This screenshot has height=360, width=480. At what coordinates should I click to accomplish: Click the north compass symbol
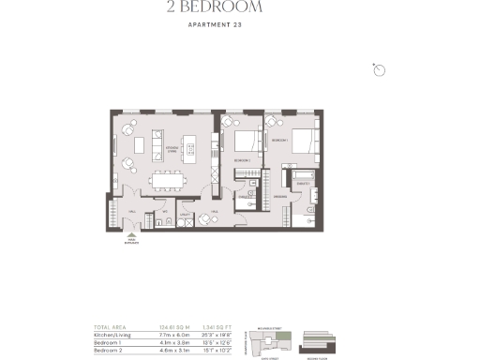379,70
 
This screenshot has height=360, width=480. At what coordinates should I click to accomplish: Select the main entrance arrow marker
131,237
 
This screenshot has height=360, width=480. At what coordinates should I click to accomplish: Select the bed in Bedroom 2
246,143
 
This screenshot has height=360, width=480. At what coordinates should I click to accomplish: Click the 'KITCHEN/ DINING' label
172,149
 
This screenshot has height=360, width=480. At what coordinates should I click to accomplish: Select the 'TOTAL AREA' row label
108,326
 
